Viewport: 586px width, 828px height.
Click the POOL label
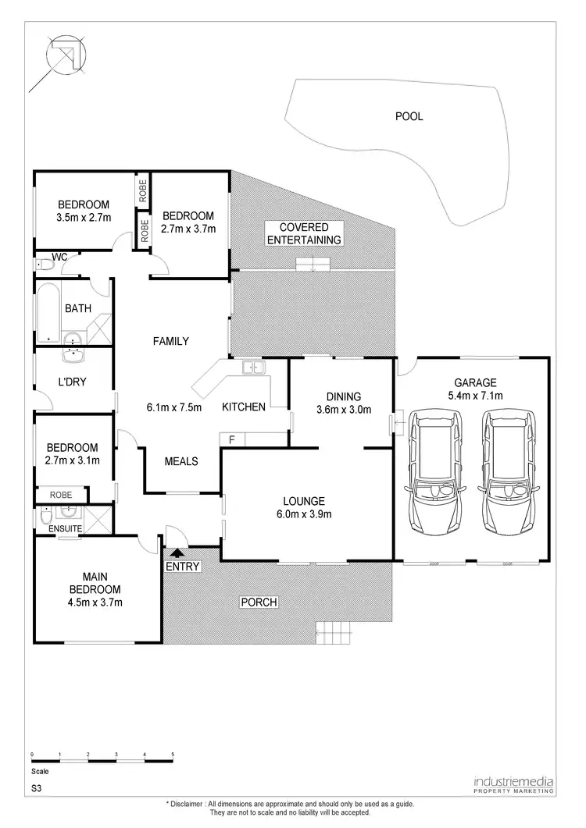point(409,116)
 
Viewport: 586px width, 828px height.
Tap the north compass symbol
point(58,56)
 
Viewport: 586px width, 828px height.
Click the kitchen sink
point(253,367)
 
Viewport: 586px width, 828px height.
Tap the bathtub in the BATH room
point(48,313)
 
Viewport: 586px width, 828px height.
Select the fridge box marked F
point(231,440)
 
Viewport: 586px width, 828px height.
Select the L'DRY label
point(72,382)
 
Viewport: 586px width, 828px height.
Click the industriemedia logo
point(513,783)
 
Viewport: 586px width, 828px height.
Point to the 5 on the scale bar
point(173,755)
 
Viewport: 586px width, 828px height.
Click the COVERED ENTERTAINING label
point(305,233)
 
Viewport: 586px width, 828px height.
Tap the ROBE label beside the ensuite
point(61,495)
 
